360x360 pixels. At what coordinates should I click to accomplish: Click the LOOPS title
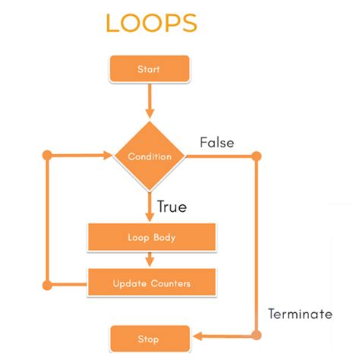point(151,23)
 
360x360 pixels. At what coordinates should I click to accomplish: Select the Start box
point(149,69)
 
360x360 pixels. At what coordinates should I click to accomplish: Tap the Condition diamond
point(149,156)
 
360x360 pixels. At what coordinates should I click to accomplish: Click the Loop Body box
point(152,237)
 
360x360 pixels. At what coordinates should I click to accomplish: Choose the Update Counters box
point(152,283)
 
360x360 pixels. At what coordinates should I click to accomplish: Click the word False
point(216,142)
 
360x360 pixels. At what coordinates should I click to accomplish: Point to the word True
point(172,206)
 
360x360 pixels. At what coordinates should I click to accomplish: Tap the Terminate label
point(299,314)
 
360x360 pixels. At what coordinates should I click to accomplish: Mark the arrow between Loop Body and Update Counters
point(149,260)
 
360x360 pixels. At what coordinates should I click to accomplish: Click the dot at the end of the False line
point(256,156)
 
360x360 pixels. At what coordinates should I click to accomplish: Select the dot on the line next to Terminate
point(256,334)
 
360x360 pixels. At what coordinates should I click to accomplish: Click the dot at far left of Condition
point(47,156)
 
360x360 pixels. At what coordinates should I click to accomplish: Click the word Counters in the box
point(169,283)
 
